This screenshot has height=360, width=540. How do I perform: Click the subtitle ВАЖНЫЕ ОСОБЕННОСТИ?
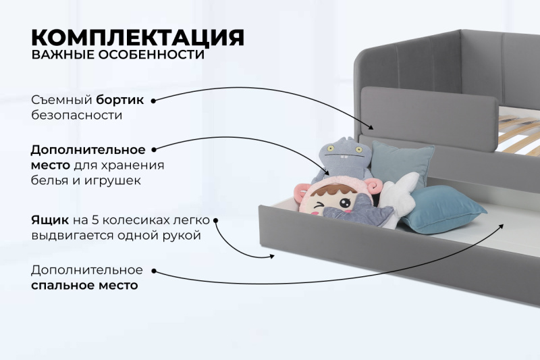[x=117, y=55]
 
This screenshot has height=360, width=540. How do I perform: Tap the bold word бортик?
[x=120, y=100]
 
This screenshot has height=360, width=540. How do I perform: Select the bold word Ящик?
[x=48, y=220]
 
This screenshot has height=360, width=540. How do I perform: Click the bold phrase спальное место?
[x=84, y=285]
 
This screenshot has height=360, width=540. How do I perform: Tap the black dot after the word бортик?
[x=153, y=100]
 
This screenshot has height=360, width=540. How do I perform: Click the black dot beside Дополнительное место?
[x=153, y=149]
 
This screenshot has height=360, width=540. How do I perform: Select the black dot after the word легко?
[x=215, y=220]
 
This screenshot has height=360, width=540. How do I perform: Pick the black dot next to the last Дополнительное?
[x=153, y=271]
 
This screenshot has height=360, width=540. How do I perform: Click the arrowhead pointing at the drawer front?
[x=271, y=256]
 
